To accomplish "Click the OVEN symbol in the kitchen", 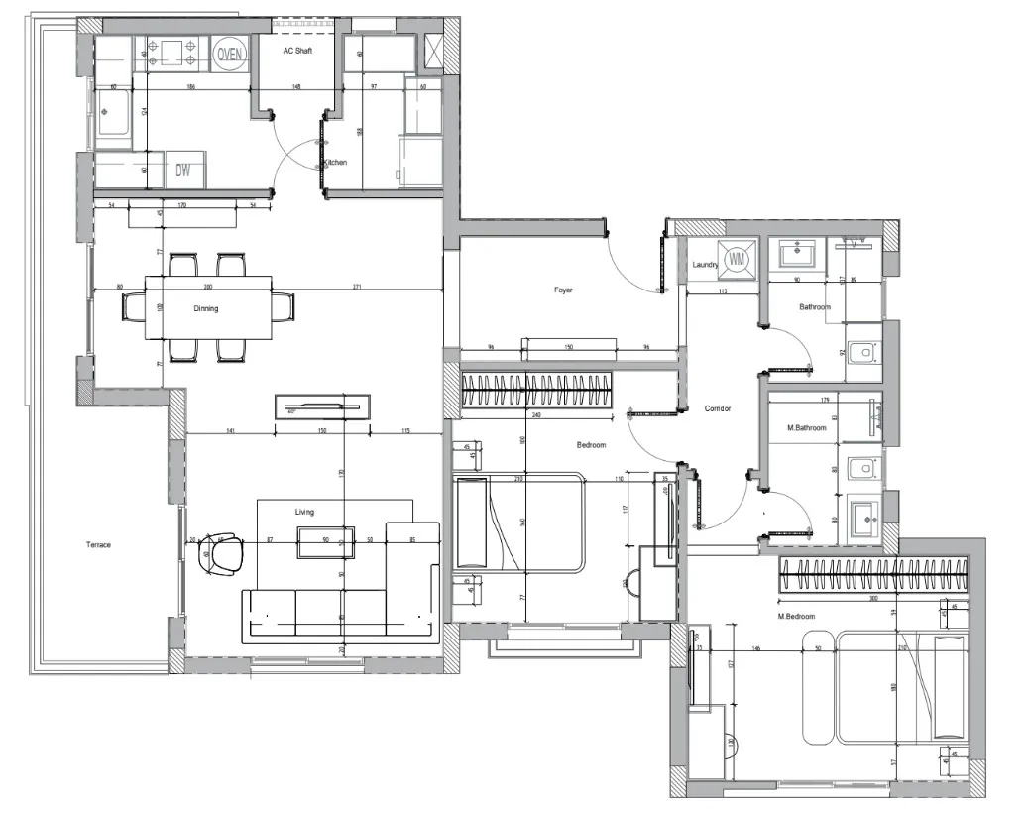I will coord(230,55).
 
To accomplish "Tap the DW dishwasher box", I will coord(183,170).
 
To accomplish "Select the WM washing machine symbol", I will coord(737,259).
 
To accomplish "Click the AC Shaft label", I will coord(297,51).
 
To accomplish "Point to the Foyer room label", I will coord(563,290).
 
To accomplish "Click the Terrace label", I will coord(98,545).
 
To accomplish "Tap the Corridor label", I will coord(718,408).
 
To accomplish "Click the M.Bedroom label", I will coord(796,617).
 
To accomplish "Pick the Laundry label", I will coord(705,265).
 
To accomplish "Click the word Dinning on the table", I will coord(206,308).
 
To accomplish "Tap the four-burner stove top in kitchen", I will coord(174,54).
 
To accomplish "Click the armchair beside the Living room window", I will coord(223,553).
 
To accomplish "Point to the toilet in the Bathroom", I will coord(862,353).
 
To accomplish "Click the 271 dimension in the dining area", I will coord(356,288).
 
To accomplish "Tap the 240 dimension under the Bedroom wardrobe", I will coord(536,416).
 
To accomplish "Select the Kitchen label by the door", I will coord(336,163).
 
